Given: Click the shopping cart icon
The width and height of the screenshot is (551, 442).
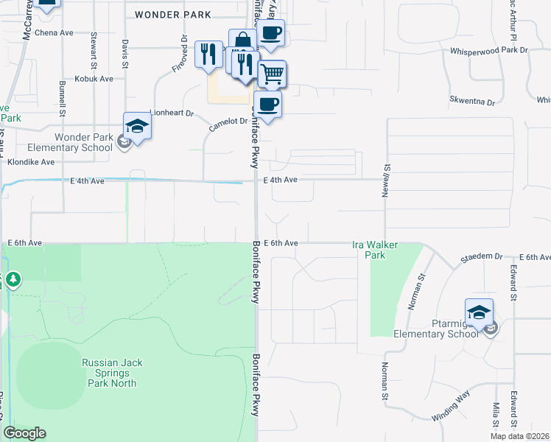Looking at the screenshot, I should (x=273, y=74).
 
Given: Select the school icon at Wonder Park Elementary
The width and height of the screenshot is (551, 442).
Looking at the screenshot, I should (x=137, y=126).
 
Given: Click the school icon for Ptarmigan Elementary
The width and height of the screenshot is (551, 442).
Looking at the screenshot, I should (x=479, y=312).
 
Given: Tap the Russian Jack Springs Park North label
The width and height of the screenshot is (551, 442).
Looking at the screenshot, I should (x=109, y=373).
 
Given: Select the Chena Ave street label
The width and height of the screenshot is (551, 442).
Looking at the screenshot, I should (x=55, y=33).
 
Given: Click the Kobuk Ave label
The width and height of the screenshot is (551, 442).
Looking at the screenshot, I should (x=94, y=78).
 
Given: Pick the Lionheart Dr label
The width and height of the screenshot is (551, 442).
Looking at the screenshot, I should (x=171, y=113).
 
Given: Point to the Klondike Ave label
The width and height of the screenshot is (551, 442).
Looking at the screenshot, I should (x=32, y=161).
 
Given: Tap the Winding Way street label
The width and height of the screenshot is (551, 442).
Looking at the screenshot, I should (x=451, y=408).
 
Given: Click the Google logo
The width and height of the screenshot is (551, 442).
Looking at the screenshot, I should (x=25, y=433).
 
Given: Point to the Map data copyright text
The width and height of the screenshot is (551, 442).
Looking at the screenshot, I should (x=520, y=436).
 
